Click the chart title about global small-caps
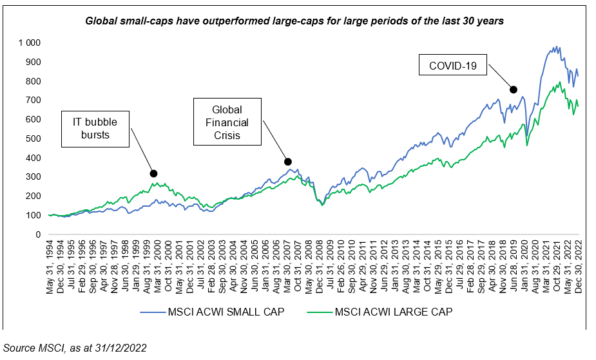(294, 21)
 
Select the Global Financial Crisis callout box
(227, 120)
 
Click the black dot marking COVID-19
(514, 90)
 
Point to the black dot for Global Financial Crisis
(288, 162)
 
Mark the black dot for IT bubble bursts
(153, 173)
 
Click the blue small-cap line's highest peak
(557, 46)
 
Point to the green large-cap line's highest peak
(560, 82)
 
